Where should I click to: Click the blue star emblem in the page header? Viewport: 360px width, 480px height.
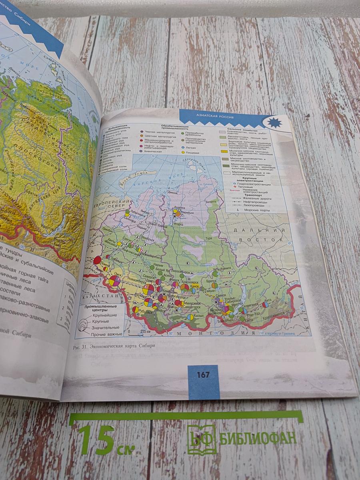coord(275,122)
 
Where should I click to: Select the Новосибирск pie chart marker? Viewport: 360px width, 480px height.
coord(148,289)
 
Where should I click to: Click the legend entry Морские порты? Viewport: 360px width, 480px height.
coord(259,210)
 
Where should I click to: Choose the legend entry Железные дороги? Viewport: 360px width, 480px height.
coord(259,198)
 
